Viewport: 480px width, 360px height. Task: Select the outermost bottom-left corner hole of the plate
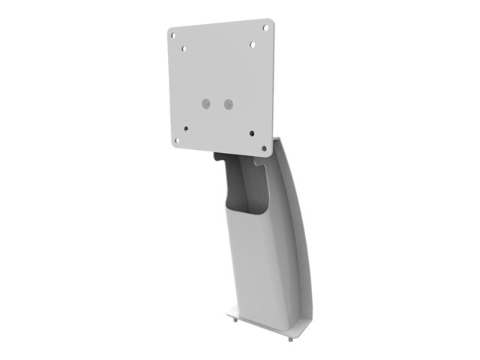click(177, 140)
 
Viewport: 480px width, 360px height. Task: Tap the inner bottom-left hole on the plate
click(186, 129)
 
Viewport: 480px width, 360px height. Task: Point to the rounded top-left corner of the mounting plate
click(170, 31)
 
